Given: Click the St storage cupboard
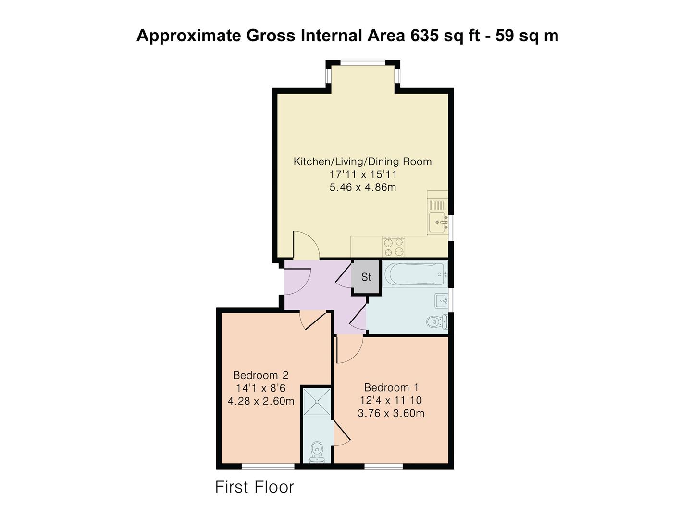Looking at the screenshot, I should pos(366,277).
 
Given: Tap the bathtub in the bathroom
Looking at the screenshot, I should pos(414,274).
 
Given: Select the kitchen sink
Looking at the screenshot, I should pos(438,222).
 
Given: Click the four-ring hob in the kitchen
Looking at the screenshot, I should pos(394,247).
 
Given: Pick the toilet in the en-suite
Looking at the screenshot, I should pos(317,451).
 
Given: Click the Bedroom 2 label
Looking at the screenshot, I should pos(260,375).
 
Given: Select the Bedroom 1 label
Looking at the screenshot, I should pos(391,387).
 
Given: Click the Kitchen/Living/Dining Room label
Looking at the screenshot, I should pos(362,161).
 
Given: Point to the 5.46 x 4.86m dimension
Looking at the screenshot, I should pos(362,187).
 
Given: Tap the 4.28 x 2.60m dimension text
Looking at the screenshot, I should pos(260,401).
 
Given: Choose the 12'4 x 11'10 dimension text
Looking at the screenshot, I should pos(391,400).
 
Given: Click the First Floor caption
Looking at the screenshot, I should pos(254,487).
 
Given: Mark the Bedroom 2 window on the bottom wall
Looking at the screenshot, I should pos(268,466).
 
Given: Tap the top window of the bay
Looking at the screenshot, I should pos(363,62).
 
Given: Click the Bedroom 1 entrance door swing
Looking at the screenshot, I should pos(348,350).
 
